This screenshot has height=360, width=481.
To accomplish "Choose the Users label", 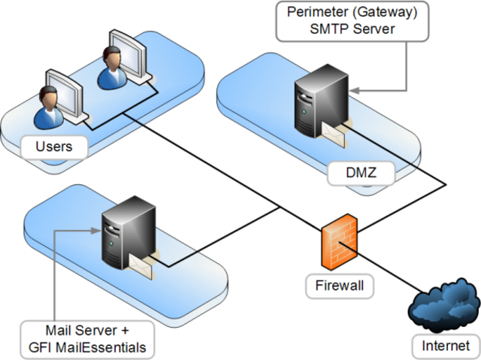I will [x=54, y=146].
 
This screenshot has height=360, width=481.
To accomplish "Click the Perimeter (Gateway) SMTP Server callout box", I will [x=346, y=21].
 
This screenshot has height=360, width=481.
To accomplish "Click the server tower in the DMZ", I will [x=314, y=106].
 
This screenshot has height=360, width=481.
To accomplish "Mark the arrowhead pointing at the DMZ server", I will [x=352, y=90].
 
